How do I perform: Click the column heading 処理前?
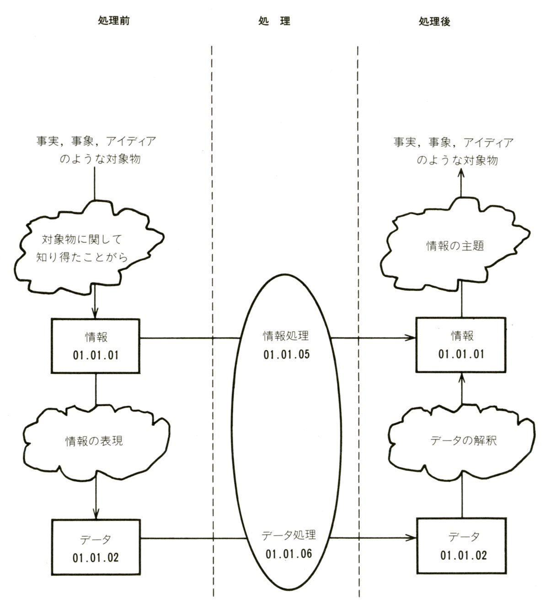click(114, 21)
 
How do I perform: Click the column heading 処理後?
click(434, 21)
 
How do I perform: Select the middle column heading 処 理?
click(273, 21)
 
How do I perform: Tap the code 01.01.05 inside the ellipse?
click(286, 355)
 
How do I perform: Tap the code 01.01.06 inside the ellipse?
click(288, 554)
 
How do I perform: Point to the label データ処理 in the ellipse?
click(288, 535)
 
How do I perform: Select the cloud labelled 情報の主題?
click(455, 246)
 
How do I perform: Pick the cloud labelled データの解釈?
click(463, 440)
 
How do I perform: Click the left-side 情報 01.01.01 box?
click(96, 346)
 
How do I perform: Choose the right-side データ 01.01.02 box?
click(463, 546)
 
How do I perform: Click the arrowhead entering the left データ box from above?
click(96, 514)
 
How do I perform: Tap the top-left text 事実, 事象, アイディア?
click(96, 141)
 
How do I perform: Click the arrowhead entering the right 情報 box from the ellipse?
click(411, 339)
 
